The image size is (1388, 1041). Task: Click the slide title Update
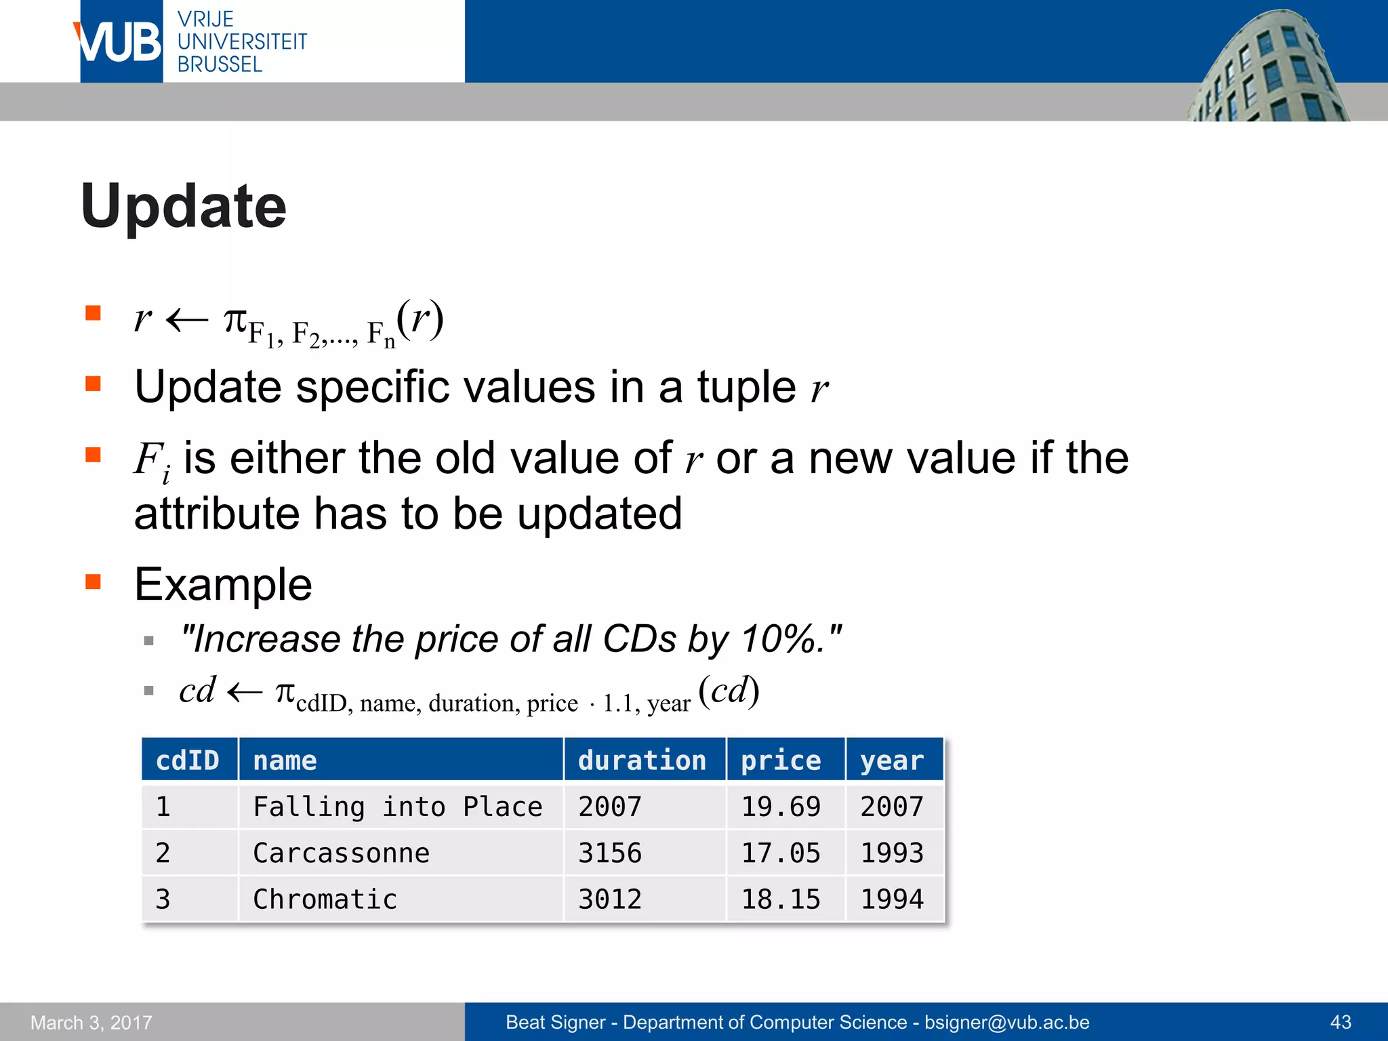click(183, 206)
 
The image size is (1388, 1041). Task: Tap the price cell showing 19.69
click(781, 807)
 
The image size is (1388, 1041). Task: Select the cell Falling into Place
click(397, 807)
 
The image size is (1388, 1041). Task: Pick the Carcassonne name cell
click(341, 853)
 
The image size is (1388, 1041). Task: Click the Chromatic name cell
click(325, 899)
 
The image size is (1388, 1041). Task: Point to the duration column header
click(642, 760)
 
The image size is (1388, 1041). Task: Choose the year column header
click(892, 760)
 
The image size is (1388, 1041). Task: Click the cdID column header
click(188, 760)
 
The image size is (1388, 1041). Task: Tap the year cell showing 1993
click(892, 853)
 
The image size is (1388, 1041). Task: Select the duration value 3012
click(609, 899)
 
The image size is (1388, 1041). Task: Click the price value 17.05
click(781, 853)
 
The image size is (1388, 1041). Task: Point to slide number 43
click(1341, 1022)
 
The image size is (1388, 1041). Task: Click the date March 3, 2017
click(91, 1022)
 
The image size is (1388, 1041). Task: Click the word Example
click(223, 584)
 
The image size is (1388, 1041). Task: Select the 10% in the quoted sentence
click(779, 639)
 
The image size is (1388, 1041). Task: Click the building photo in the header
click(1267, 68)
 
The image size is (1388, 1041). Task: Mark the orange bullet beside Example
click(93, 581)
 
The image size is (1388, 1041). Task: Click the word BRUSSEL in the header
click(220, 64)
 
